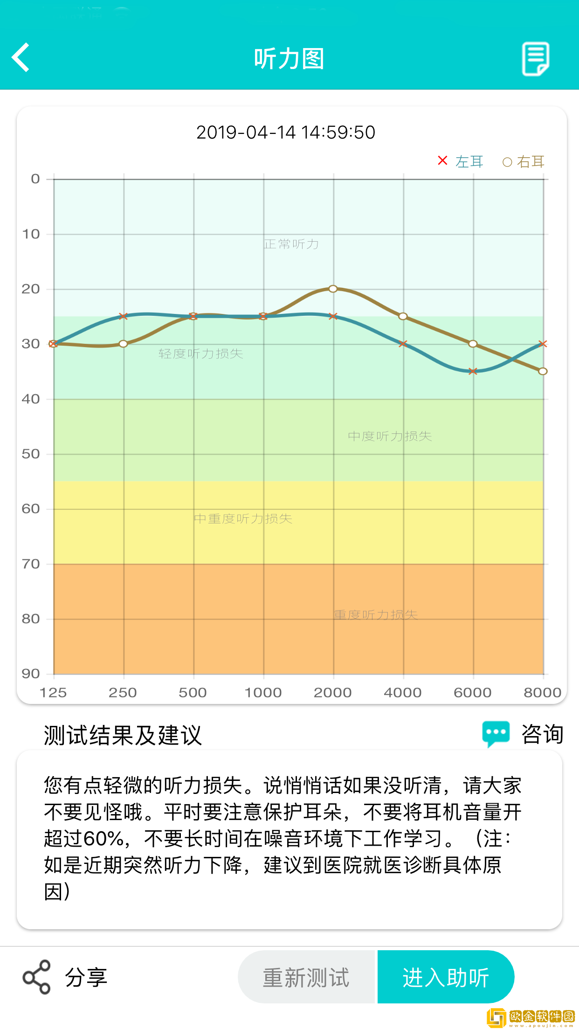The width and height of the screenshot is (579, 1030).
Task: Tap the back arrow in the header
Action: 21,57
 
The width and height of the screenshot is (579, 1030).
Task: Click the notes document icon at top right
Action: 535,58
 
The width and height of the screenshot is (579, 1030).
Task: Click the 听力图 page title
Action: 289,59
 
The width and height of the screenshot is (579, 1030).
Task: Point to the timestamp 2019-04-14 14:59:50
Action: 285,132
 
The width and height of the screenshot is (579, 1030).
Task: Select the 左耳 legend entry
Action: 461,161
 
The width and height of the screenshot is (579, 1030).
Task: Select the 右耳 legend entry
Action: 523,162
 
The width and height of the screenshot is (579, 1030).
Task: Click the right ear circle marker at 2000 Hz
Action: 333,289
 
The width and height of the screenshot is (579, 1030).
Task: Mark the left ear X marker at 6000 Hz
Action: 473,371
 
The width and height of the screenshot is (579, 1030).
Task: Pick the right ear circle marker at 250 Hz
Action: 123,344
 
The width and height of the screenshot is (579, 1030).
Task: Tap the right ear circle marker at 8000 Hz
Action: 543,371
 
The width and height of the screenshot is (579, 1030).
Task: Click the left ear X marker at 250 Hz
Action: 123,316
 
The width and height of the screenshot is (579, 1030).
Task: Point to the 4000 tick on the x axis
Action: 403,693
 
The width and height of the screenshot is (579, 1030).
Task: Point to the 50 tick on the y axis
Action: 31,454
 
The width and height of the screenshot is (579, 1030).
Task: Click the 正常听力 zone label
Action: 291,244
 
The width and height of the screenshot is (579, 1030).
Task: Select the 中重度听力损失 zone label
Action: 243,519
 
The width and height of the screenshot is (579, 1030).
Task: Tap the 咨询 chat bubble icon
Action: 496,734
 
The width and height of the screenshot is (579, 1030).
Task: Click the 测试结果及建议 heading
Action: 123,735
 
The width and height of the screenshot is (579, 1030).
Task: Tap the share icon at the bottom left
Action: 36,977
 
